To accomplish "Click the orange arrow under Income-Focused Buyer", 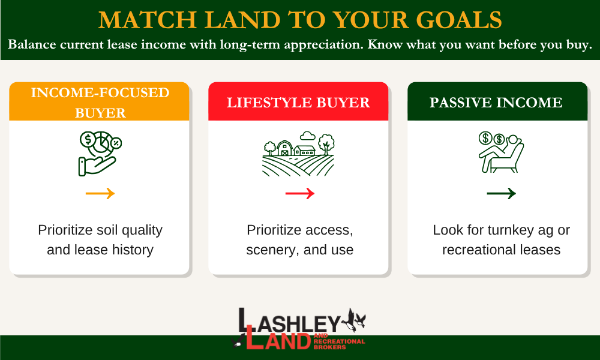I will (x=100, y=193).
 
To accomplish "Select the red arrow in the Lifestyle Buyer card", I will (x=299, y=193).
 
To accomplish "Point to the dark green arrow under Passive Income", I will (x=501, y=193).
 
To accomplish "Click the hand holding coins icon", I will (x=99, y=154).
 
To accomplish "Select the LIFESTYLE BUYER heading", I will (x=298, y=103).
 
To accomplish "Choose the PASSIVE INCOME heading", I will (x=496, y=103).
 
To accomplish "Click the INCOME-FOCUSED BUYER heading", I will (x=100, y=103).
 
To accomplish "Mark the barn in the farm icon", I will (x=284, y=148).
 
